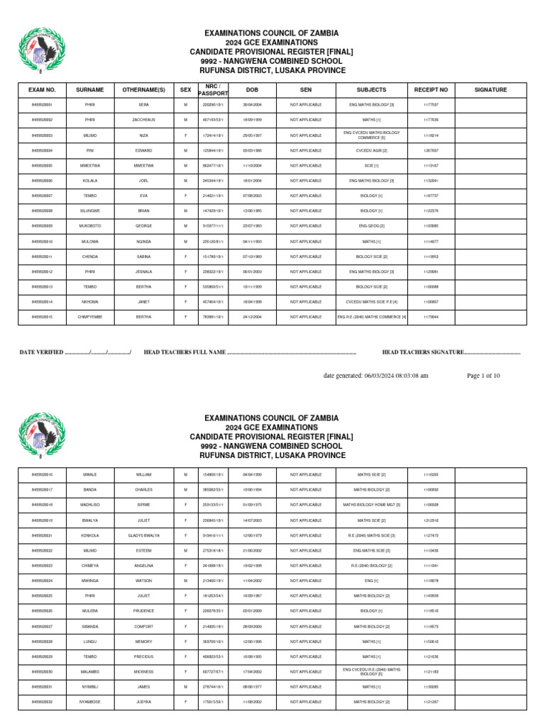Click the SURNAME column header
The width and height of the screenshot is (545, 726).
(90, 90)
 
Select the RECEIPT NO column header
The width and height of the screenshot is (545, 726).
(431, 90)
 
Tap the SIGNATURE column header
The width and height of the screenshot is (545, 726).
(490, 90)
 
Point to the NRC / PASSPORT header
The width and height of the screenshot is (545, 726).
(214, 90)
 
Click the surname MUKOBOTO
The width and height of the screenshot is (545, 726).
(90, 225)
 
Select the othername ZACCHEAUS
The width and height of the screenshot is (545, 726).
(143, 120)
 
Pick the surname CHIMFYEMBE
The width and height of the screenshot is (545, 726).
(90, 317)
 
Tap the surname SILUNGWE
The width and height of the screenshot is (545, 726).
(90, 210)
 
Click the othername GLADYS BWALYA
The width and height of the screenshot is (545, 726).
(143, 535)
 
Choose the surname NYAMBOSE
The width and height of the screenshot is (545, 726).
(90, 703)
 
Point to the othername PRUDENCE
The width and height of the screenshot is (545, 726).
(143, 610)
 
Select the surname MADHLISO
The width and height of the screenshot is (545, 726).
(90, 505)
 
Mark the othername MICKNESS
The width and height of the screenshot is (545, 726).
(143, 671)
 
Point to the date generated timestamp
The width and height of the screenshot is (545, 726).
(375, 376)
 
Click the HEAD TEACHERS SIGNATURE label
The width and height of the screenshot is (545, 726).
(422, 352)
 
